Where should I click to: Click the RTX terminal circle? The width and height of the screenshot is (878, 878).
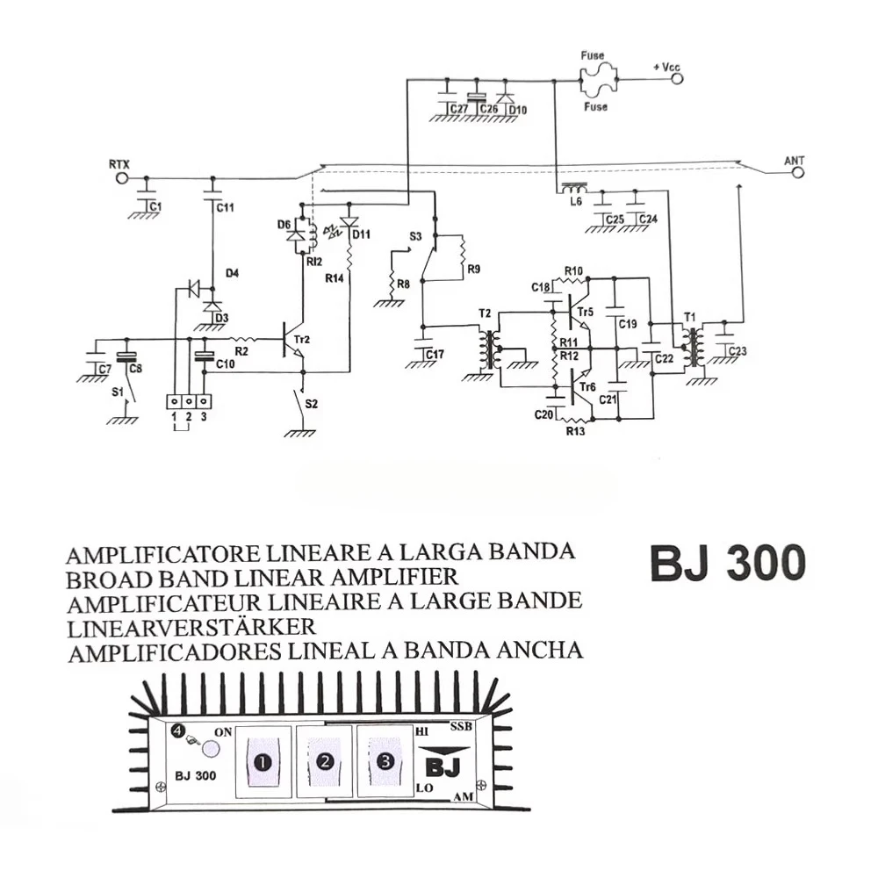click(x=122, y=178)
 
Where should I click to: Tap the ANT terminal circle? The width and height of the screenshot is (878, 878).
click(x=797, y=174)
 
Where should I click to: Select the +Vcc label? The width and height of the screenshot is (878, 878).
click(x=666, y=68)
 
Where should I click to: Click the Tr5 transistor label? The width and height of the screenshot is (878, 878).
click(x=586, y=311)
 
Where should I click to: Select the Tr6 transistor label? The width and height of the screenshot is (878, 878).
click(x=586, y=387)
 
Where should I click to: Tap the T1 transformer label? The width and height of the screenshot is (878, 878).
click(x=690, y=316)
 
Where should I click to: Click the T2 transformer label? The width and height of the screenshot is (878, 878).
click(x=485, y=313)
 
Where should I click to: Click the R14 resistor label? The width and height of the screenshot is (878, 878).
click(x=335, y=277)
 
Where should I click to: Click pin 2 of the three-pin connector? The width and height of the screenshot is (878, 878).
click(x=189, y=401)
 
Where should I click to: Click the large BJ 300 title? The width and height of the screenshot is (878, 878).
click(x=728, y=564)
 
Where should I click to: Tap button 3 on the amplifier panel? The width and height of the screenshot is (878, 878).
click(x=385, y=759)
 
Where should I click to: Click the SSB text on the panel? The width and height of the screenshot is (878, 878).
click(x=461, y=727)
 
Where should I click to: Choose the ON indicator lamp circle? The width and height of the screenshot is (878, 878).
click(x=211, y=748)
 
